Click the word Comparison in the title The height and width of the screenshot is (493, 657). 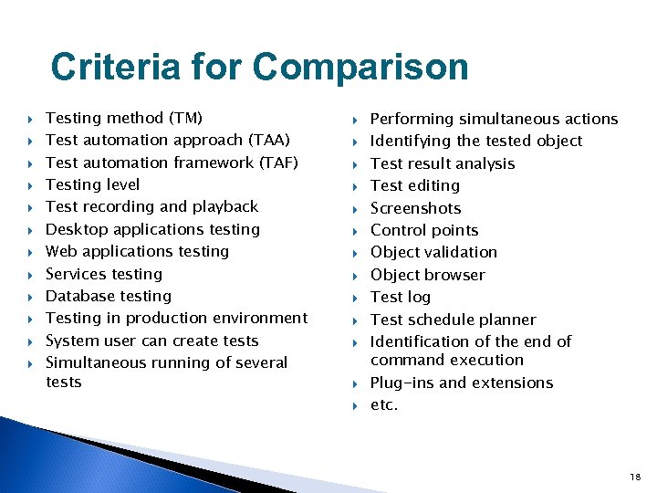(x=360, y=68)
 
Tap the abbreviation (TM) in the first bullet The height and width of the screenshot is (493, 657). (x=186, y=118)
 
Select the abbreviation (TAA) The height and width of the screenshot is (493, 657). (x=269, y=140)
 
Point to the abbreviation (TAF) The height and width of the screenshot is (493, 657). (x=278, y=163)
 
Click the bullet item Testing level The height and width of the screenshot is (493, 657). (x=92, y=184)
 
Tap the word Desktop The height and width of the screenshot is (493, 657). (x=76, y=229)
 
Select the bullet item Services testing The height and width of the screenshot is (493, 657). (x=103, y=274)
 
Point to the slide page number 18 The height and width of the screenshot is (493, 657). (x=635, y=477)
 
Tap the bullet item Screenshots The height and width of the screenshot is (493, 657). (x=415, y=208)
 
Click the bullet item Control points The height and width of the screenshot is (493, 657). (x=423, y=230)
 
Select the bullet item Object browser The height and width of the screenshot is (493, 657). (x=427, y=275)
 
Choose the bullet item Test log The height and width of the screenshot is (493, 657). (x=400, y=297)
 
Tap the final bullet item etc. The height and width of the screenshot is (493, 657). (x=383, y=404)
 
